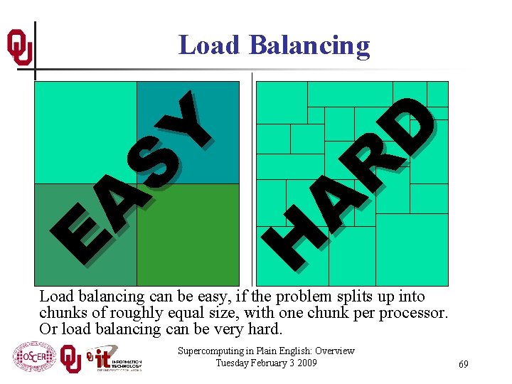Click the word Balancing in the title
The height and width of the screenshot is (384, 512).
click(309, 46)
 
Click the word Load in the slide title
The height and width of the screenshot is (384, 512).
click(209, 45)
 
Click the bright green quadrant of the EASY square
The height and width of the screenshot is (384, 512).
click(188, 235)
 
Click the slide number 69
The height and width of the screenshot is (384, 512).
click(463, 364)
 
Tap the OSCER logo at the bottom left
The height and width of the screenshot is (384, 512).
click(33, 357)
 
